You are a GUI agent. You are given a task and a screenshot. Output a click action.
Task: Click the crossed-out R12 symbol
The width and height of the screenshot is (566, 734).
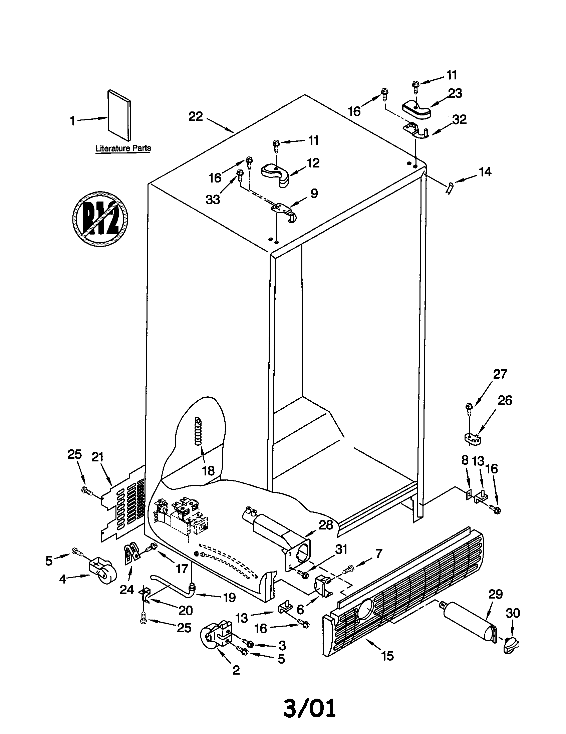click(x=100, y=219)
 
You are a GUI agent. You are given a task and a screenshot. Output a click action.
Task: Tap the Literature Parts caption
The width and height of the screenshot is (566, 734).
click(x=123, y=148)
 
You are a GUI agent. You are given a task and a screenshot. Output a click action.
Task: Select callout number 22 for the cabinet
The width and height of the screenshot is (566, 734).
click(x=195, y=117)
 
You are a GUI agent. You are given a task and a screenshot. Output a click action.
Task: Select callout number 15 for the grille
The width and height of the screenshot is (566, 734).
click(x=387, y=656)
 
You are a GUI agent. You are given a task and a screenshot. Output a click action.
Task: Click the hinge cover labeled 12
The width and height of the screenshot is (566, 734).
click(x=276, y=173)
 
